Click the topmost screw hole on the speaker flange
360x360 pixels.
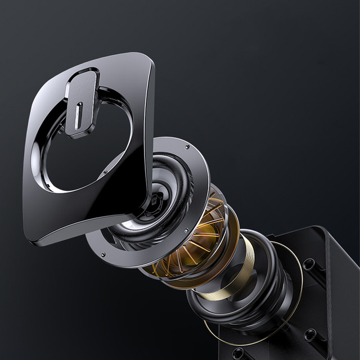[x=187, y=147]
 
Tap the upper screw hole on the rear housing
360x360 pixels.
[x=308, y=263]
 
